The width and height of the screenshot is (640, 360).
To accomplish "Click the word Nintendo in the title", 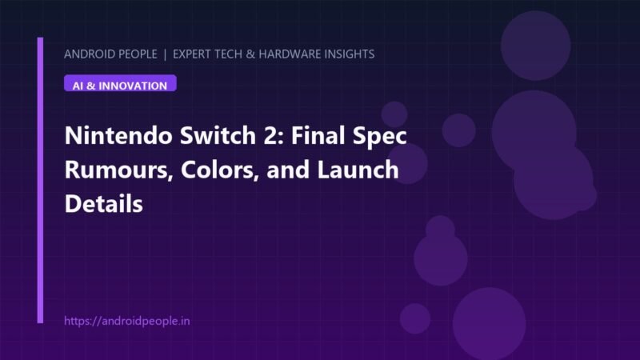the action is (x=118, y=135).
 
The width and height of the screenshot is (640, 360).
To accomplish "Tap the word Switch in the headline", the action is (x=218, y=135).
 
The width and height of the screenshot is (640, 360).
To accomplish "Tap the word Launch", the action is (x=358, y=170).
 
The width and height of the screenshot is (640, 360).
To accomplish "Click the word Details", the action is (x=104, y=204).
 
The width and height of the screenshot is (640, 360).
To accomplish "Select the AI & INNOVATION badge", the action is (x=120, y=83).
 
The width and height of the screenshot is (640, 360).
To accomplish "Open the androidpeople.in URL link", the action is (x=127, y=321).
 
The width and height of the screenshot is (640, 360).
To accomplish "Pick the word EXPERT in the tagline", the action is (x=192, y=54).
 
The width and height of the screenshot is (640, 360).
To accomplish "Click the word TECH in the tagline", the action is (x=229, y=54).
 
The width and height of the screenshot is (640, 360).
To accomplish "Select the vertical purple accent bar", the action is (x=40, y=180).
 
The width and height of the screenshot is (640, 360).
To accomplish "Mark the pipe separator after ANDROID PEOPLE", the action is (x=165, y=54).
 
